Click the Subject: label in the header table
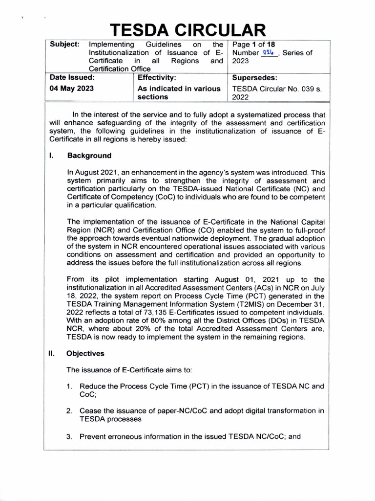(64, 44)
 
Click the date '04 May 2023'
(72, 89)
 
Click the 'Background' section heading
(89, 156)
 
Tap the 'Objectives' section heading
(85, 353)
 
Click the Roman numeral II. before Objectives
(51, 353)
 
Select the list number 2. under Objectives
(70, 411)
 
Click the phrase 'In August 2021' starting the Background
(91, 172)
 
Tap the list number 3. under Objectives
(70, 436)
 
